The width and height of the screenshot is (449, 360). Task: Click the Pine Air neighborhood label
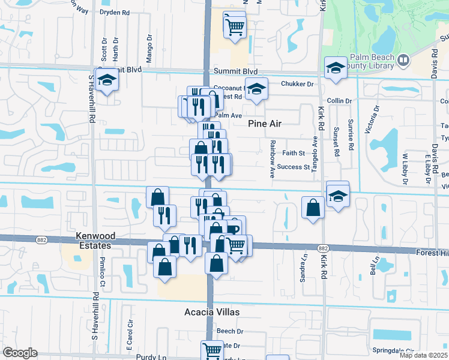[265, 124]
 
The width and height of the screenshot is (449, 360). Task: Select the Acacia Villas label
[211, 313]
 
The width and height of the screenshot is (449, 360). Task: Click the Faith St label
[294, 153]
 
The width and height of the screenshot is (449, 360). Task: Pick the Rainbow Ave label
[272, 159]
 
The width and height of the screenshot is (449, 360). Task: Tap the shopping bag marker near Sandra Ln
[313, 208]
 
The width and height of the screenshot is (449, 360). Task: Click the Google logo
[19, 353]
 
